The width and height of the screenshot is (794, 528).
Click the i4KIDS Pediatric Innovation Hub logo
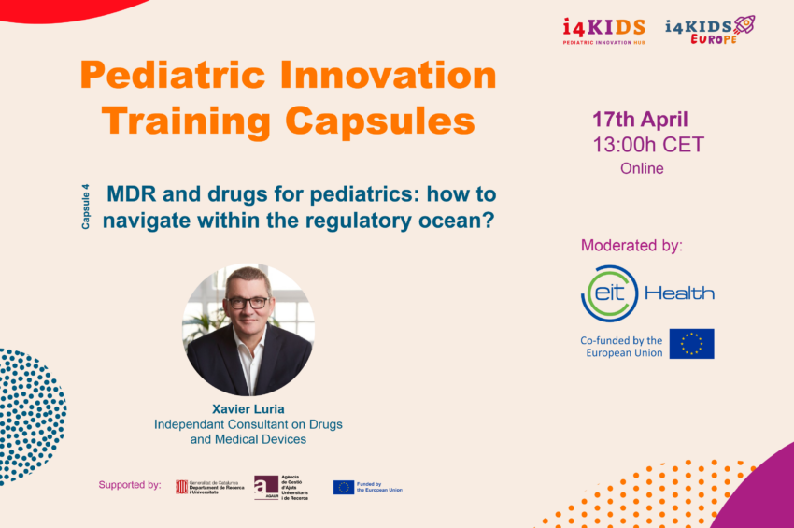click(x=603, y=31)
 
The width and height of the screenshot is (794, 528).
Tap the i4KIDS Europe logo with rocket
click(x=710, y=29)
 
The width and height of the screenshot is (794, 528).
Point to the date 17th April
click(x=640, y=120)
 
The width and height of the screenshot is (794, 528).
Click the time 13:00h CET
click(x=647, y=145)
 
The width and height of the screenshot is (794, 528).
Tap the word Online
click(x=642, y=169)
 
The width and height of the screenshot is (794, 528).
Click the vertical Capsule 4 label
click(x=86, y=207)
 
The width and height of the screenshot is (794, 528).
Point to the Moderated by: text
click(x=631, y=246)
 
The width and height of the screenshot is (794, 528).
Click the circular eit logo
click(x=609, y=293)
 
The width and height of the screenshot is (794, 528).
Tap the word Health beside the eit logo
click(x=679, y=293)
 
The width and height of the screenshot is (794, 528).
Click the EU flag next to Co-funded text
click(x=691, y=344)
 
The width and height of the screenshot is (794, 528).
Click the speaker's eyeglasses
click(x=248, y=303)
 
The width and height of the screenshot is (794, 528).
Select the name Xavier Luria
click(x=248, y=408)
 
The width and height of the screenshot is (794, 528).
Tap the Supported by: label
click(x=130, y=485)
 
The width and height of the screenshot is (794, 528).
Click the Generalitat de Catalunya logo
click(x=209, y=487)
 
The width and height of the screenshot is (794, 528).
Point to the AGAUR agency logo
click(x=281, y=487)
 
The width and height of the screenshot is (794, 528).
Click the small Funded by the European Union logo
click(x=368, y=487)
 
